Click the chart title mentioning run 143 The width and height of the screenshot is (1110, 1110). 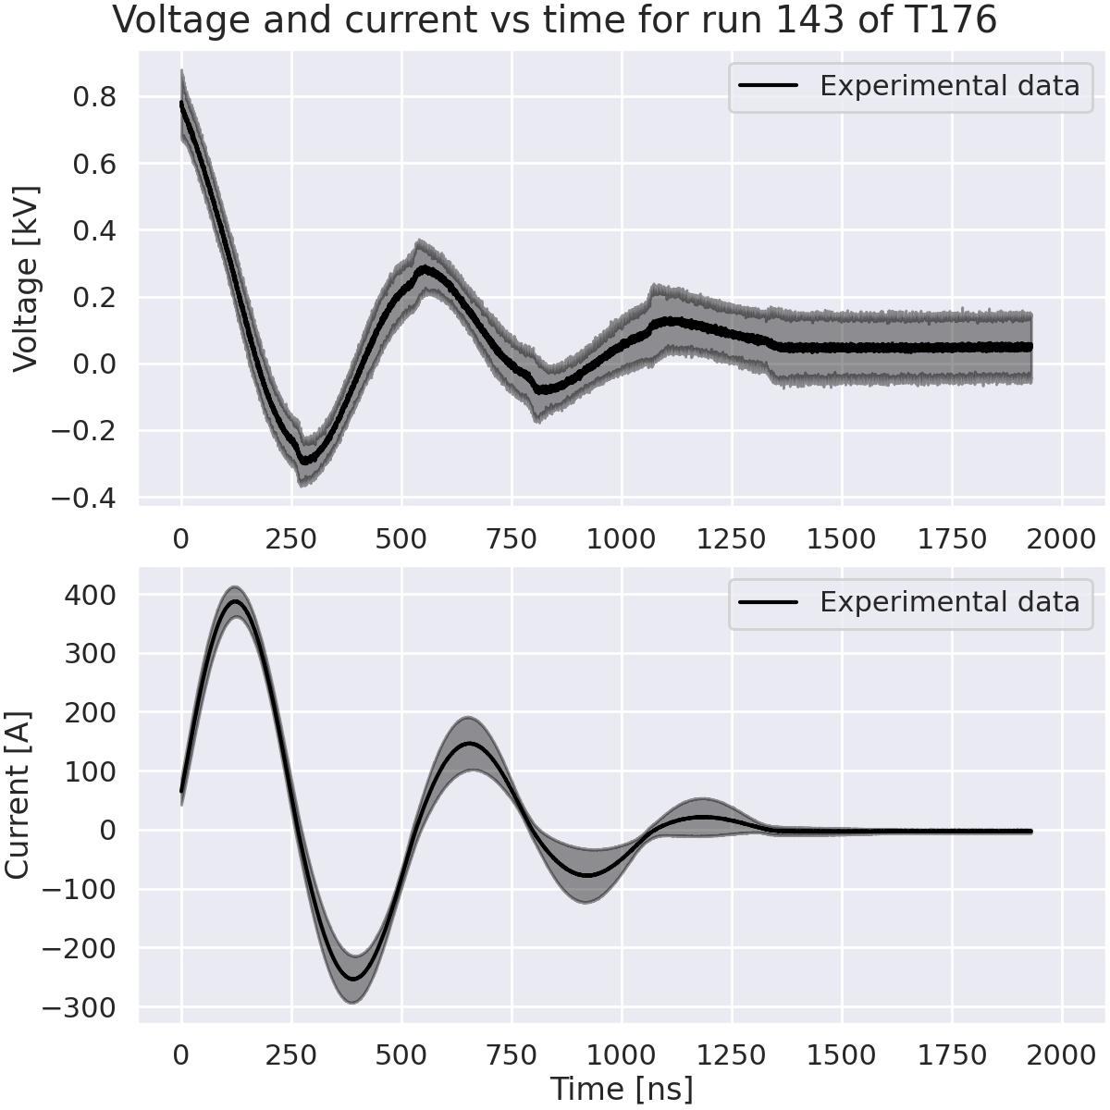point(555,20)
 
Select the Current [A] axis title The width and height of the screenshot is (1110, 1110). point(18,795)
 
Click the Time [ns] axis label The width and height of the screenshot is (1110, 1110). point(621,1089)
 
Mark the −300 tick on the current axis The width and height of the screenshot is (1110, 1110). point(83,1007)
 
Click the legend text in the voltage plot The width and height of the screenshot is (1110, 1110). point(950,86)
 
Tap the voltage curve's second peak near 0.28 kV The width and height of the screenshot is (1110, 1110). point(425,269)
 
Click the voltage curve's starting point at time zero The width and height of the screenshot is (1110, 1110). point(182,105)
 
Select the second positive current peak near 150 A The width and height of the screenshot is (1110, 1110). point(470,743)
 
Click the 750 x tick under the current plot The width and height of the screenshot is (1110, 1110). point(512,1054)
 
